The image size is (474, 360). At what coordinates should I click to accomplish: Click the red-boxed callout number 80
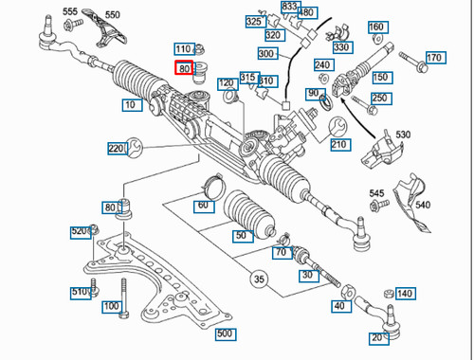click(x=184, y=68)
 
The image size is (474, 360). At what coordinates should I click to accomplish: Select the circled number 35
click(x=259, y=279)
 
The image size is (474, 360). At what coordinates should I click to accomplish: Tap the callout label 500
click(x=226, y=333)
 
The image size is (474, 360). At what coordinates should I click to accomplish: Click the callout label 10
click(x=132, y=104)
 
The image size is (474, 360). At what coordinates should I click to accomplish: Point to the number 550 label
click(x=113, y=14)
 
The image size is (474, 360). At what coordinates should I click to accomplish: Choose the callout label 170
click(x=436, y=58)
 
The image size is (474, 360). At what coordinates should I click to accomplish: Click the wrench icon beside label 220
click(x=135, y=148)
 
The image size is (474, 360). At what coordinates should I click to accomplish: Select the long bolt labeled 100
click(x=123, y=297)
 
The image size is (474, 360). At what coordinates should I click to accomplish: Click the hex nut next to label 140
click(x=390, y=294)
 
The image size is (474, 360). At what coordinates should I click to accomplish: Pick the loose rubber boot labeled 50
click(x=249, y=214)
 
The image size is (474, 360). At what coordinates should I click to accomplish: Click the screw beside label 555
click(x=73, y=25)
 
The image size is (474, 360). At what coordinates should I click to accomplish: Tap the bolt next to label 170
click(x=413, y=63)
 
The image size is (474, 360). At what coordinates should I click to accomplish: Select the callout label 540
click(x=423, y=205)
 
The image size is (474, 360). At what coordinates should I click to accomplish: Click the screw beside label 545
click(x=379, y=206)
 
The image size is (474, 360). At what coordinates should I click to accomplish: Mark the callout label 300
click(x=268, y=53)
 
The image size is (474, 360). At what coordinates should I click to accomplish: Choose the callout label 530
click(x=403, y=135)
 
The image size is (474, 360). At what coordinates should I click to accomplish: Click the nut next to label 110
click(x=199, y=49)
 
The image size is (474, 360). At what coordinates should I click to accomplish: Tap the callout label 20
click(x=379, y=338)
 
